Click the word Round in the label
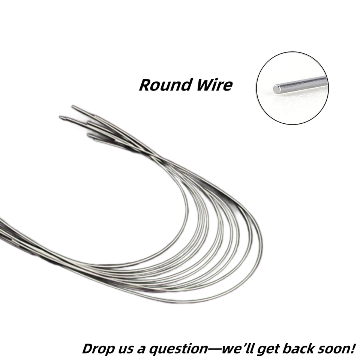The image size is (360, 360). [x=165, y=85]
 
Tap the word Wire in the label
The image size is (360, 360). [x=214, y=85]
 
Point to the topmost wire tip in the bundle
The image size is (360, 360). [x=73, y=107]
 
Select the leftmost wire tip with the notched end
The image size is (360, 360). [x=61, y=117]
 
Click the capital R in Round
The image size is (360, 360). [x=146, y=85]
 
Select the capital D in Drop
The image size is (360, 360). [x=89, y=348]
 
